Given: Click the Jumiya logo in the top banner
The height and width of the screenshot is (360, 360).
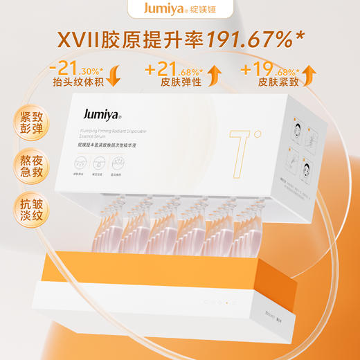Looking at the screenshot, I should [x=163, y=11].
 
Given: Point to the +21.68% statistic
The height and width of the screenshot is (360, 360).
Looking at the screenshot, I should [x=173, y=70].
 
